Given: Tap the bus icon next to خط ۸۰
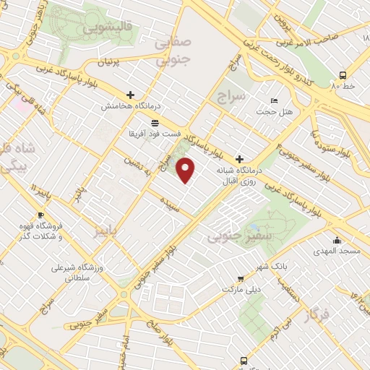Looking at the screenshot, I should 342,75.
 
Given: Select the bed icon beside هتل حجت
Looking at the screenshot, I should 273,100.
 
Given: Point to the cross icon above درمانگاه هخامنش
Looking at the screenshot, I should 130,94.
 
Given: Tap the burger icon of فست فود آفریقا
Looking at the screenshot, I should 155,124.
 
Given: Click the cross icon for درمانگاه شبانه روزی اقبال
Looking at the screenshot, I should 240,159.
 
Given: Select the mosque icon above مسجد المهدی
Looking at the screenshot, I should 336,241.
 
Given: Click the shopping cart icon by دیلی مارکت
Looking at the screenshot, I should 240,278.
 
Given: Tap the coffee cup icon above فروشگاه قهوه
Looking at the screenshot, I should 40,215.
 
